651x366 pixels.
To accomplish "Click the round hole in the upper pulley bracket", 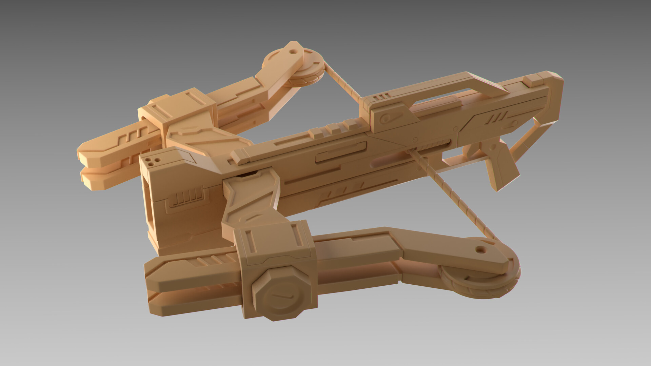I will coord(292,53).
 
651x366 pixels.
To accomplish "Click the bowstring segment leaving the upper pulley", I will coord(342,81).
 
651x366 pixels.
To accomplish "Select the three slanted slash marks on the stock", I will coord(497,119).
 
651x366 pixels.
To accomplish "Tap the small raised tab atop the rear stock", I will coord(534,80).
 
